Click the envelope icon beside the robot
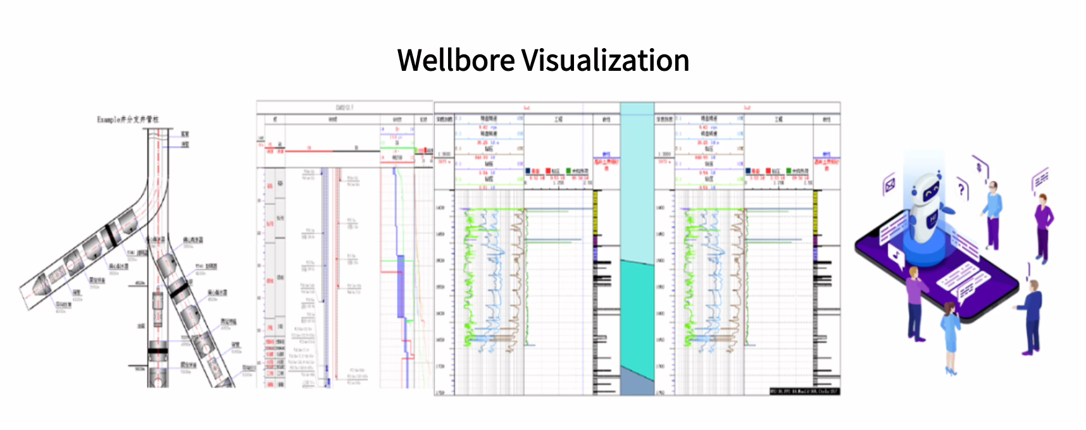pos(890,185)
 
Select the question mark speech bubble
pos(962,188)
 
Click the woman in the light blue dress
pos(950,335)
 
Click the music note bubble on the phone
pos(896,256)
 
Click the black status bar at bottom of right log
pos(804,391)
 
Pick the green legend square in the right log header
pos(789,171)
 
